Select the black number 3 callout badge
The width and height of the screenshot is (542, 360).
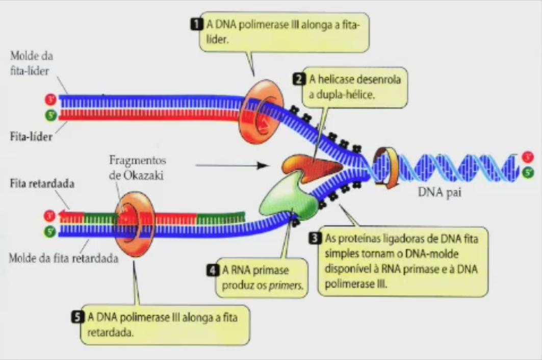(x=315, y=238)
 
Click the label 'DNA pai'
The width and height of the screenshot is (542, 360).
(x=440, y=193)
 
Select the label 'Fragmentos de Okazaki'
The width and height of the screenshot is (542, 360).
(x=138, y=166)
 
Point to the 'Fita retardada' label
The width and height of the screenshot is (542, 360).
(x=42, y=184)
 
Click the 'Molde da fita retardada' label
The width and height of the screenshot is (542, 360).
(x=63, y=258)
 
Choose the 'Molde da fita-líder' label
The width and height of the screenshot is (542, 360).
(x=32, y=63)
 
